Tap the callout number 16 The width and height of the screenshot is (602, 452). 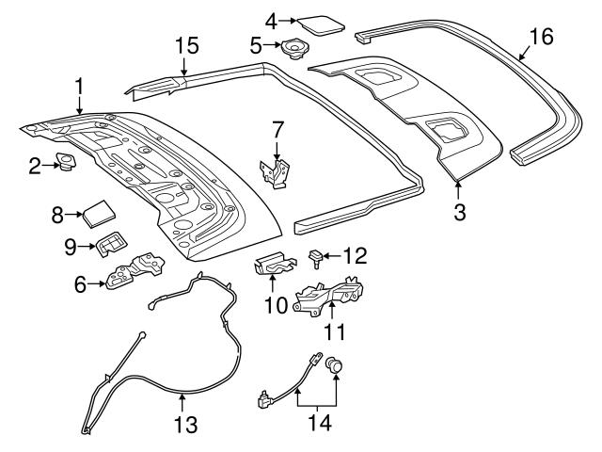click(x=541, y=38)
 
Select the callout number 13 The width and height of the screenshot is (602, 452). click(x=186, y=426)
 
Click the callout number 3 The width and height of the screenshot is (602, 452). click(x=459, y=212)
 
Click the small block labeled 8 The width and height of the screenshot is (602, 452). click(x=97, y=212)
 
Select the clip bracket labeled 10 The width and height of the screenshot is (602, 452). click(x=274, y=266)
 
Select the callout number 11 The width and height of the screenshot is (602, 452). click(x=335, y=331)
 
